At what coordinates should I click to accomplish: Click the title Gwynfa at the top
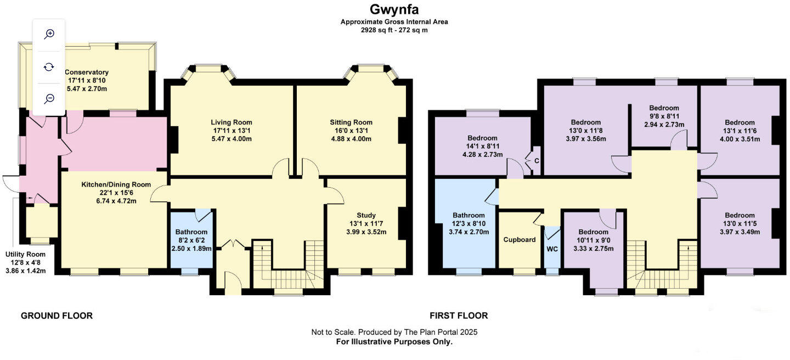[x=394, y=9]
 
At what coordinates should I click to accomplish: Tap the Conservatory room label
[x=87, y=72]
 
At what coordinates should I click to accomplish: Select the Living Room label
[x=232, y=122]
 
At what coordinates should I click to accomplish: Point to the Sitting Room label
[x=351, y=122]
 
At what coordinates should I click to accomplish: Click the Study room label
[x=366, y=215]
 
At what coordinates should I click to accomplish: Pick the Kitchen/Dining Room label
[x=116, y=184]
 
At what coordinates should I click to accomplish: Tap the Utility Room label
[x=25, y=255]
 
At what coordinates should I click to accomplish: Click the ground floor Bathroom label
[x=191, y=232]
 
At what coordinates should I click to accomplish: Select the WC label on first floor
[x=552, y=249]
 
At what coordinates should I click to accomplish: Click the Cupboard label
[x=520, y=240]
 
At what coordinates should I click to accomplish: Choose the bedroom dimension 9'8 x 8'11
[x=664, y=116]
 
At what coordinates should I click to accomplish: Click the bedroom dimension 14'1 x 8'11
[x=482, y=147]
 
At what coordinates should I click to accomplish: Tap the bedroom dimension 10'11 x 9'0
[x=593, y=240]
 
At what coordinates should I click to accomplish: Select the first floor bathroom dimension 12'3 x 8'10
[x=469, y=224]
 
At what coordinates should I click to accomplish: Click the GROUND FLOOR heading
[x=57, y=316]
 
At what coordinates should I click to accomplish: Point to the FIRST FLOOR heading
[x=459, y=316]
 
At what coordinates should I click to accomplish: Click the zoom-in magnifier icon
[x=49, y=34]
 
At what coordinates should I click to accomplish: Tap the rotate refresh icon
[x=49, y=66]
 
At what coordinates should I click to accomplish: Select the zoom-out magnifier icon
[x=49, y=98]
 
